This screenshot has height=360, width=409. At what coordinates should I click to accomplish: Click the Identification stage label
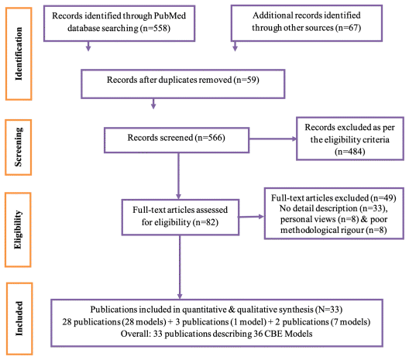19,53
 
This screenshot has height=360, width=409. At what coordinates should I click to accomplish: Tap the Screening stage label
19,147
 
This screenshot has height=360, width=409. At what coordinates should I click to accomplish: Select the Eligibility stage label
18,230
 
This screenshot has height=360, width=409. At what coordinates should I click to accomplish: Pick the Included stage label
19,318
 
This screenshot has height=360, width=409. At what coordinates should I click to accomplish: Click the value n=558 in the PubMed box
155,28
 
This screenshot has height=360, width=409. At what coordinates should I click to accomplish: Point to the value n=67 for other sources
348,28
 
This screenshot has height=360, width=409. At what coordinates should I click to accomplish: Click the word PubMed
170,15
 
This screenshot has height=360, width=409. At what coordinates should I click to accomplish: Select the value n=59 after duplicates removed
246,80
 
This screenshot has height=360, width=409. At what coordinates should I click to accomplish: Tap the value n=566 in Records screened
210,138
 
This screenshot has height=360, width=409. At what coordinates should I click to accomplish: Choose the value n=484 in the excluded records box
350,152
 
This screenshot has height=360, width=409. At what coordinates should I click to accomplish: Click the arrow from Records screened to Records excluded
273,139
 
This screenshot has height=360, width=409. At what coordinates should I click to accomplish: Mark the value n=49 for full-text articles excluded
383,198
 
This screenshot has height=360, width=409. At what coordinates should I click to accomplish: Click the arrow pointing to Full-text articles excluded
251,216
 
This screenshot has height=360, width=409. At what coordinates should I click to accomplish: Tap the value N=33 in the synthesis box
328,310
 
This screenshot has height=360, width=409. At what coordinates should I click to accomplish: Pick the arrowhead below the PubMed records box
88,48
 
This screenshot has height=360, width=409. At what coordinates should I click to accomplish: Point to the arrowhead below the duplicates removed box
153,106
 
